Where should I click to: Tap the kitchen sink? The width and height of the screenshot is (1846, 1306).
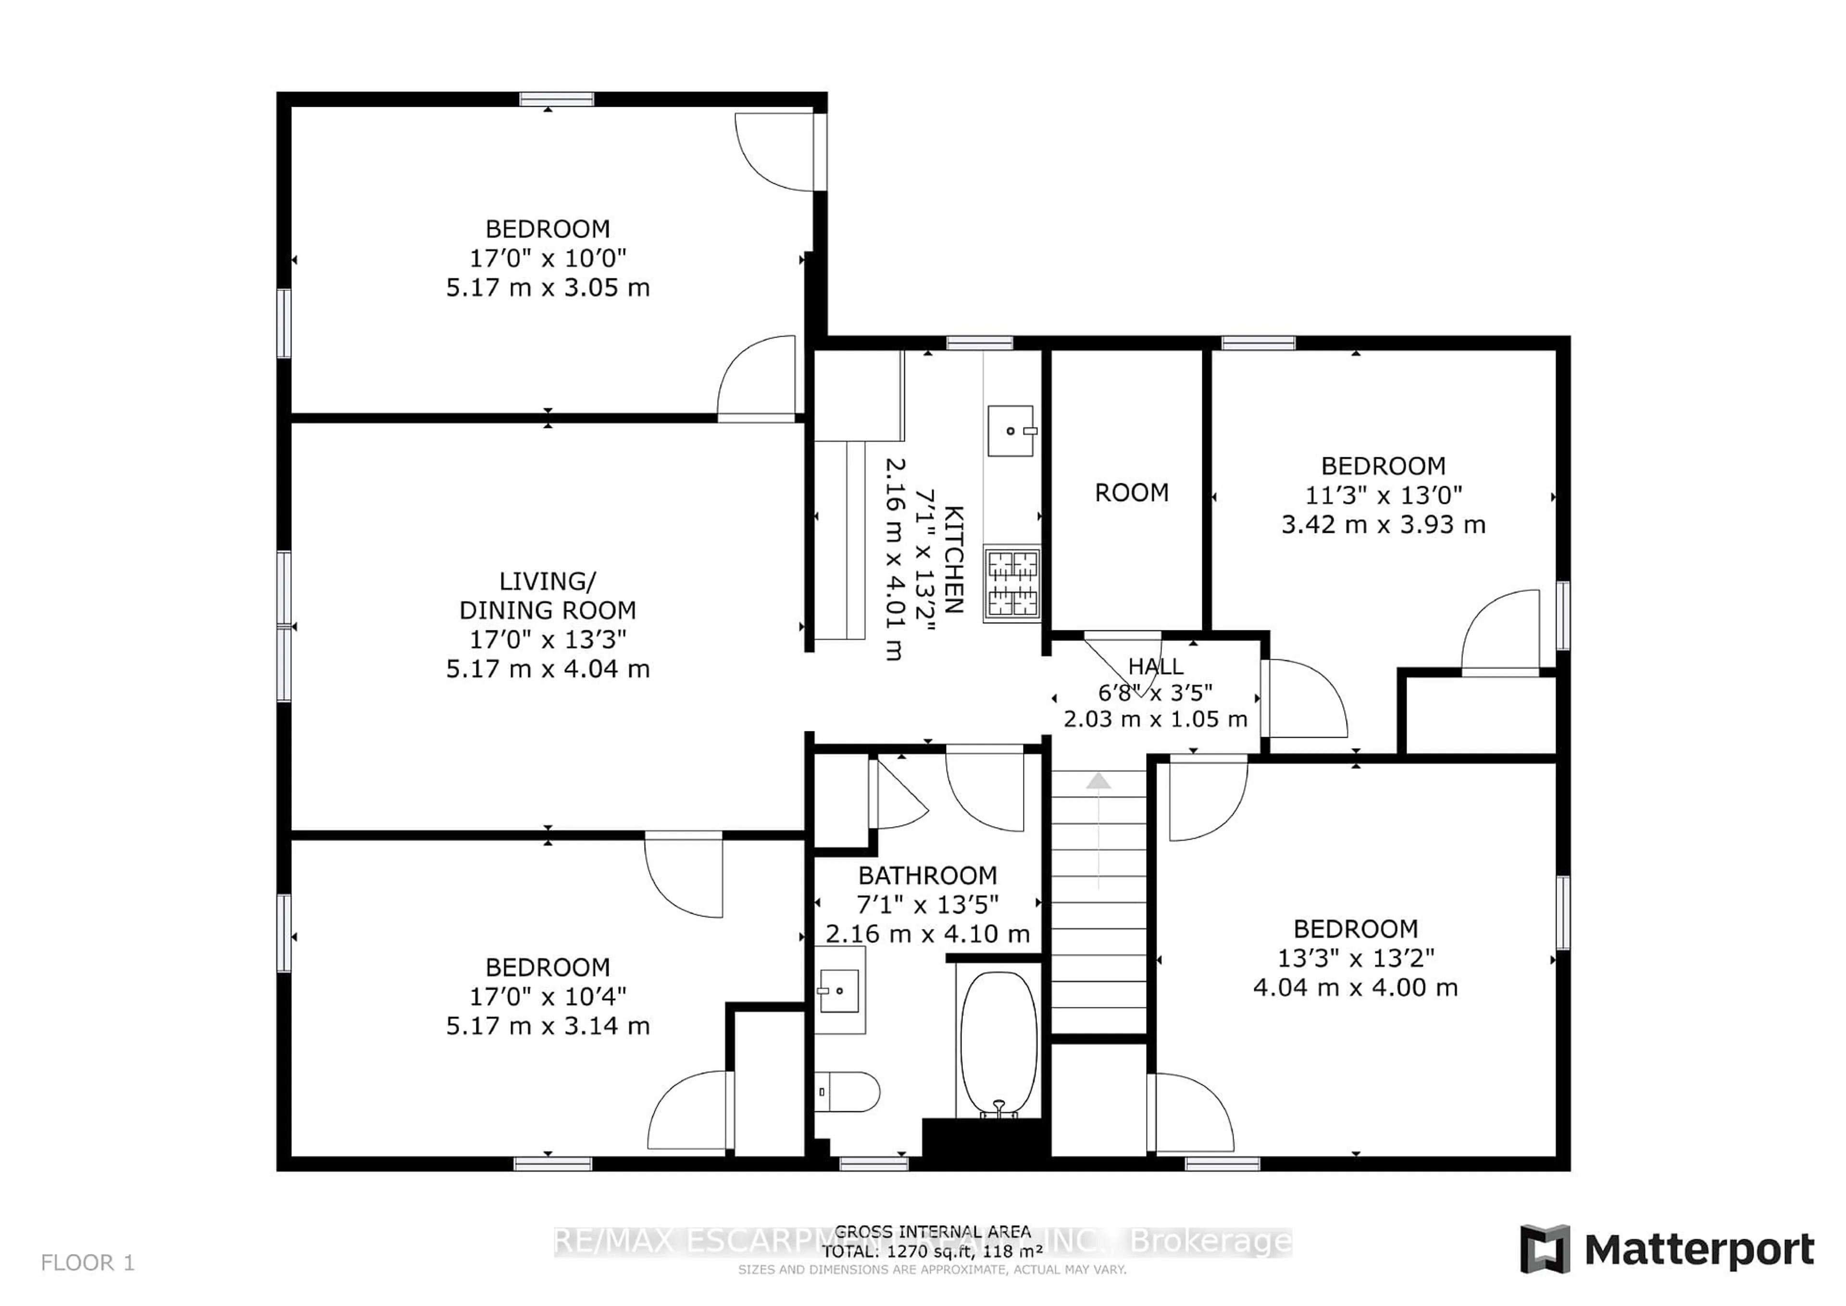[x=1010, y=431]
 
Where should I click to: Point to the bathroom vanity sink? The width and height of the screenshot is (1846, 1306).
[x=838, y=991]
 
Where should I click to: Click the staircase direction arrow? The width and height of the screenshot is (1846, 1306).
[x=1098, y=781]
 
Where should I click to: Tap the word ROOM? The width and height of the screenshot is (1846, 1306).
[x=1131, y=492]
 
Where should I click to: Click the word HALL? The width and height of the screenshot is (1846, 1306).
[x=1155, y=666]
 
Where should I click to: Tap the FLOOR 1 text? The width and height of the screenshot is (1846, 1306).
[x=87, y=1263]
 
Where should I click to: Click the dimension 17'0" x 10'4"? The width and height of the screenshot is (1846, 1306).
[x=548, y=996]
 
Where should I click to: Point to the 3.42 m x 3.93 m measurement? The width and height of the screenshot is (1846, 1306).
[x=1383, y=524]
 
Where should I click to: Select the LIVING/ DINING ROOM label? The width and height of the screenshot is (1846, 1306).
[x=548, y=595]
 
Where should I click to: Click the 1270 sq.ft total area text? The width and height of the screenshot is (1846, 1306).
[x=933, y=1251]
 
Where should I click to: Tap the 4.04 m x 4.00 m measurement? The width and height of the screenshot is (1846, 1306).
[x=1356, y=987]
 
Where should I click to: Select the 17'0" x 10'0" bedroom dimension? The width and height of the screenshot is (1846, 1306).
[x=548, y=258]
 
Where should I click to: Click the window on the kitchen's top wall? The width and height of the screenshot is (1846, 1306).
[x=979, y=343]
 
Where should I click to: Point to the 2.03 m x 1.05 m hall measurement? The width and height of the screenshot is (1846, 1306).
[x=1155, y=718]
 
